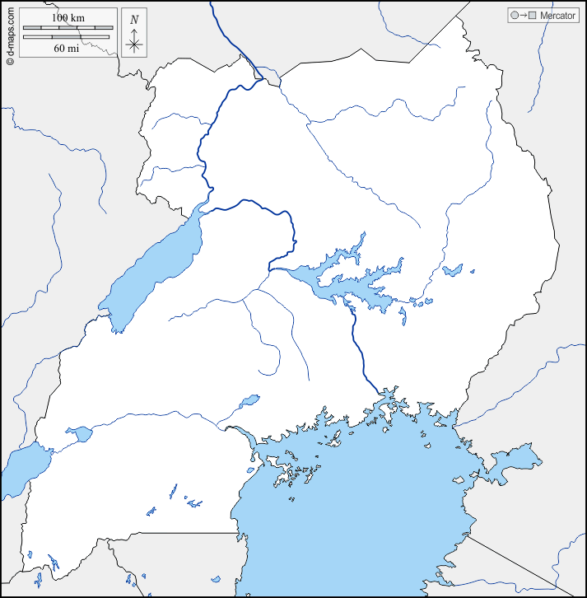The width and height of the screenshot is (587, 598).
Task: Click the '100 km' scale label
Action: (67, 18)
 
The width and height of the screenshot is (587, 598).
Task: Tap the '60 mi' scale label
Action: (67, 48)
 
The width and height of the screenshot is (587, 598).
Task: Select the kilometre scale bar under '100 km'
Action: (67, 29)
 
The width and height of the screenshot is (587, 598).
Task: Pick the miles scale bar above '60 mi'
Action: (67, 37)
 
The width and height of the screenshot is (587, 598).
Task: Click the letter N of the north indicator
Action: (134, 19)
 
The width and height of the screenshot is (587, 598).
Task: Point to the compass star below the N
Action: (134, 43)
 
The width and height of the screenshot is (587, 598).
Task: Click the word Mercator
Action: (557, 16)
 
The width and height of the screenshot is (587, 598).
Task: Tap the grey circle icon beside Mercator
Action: (515, 16)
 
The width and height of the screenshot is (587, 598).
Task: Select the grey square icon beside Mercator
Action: (532, 16)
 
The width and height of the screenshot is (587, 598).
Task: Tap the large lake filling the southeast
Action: (362, 511)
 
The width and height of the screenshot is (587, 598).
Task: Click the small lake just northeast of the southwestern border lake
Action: (81, 433)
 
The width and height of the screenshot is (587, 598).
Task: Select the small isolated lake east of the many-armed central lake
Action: (452, 270)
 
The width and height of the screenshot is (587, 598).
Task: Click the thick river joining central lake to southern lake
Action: (360, 354)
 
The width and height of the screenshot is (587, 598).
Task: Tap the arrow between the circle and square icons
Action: (524, 16)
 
